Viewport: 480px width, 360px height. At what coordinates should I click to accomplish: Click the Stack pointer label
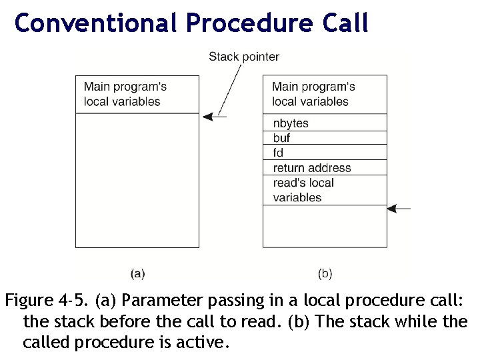pyautogui.click(x=244, y=57)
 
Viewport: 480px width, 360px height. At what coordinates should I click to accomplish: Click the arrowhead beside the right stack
pyautogui.click(x=393, y=209)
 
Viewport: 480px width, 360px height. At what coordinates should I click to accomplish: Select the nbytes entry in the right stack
pyautogui.click(x=291, y=123)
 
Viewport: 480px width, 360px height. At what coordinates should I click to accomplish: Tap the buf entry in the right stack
pyautogui.click(x=282, y=138)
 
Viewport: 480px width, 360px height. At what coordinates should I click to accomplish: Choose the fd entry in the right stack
pyautogui.click(x=279, y=153)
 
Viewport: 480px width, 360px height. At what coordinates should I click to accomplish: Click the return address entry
pyautogui.click(x=311, y=167)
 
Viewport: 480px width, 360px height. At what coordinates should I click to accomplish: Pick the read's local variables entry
pyautogui.click(x=303, y=190)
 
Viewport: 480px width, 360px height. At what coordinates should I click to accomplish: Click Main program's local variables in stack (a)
pyautogui.click(x=125, y=94)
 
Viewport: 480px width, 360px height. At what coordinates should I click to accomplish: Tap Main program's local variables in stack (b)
pyautogui.click(x=313, y=94)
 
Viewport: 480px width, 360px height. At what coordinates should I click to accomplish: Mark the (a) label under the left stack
pyautogui.click(x=137, y=273)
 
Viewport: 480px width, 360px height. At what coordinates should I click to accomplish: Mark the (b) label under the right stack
pyautogui.click(x=325, y=273)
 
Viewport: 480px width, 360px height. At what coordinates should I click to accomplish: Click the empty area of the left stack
pyautogui.click(x=137, y=180)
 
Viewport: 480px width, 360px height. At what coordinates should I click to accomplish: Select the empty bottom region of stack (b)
pyautogui.click(x=325, y=227)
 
